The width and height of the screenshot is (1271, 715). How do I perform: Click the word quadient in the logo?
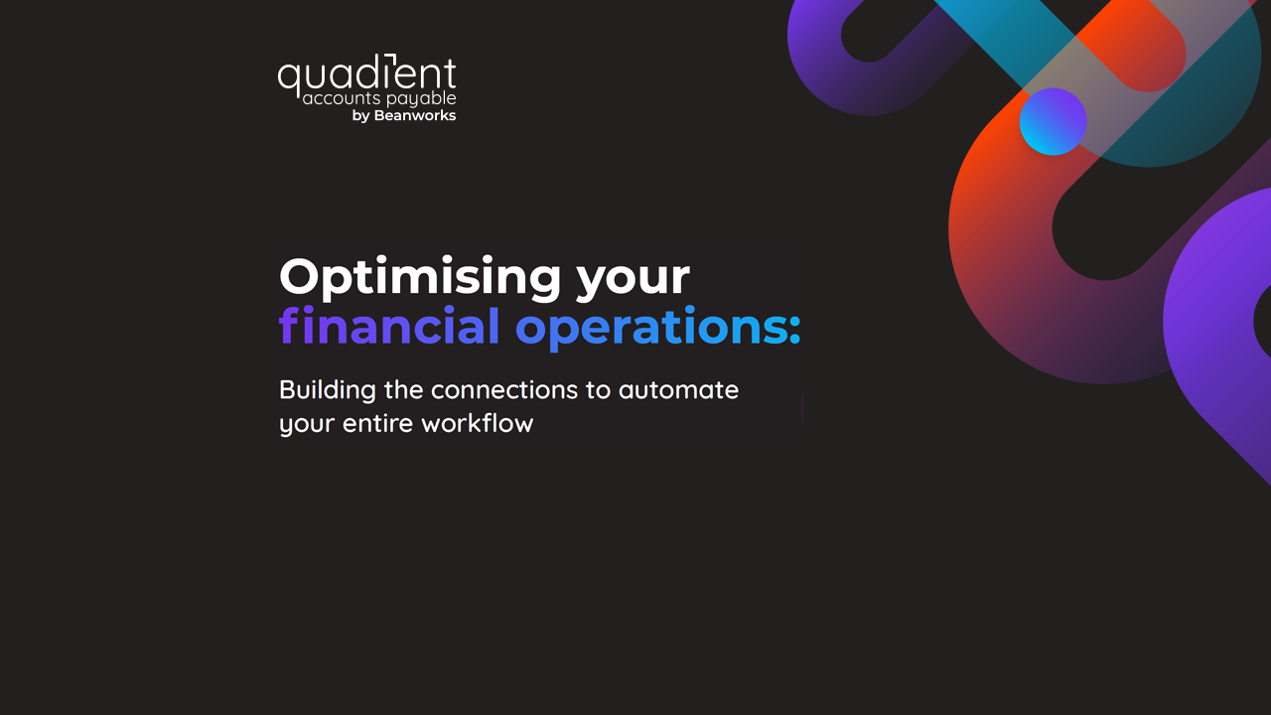366,75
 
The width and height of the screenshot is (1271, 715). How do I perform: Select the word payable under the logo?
422,99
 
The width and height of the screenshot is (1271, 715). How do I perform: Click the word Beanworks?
415,115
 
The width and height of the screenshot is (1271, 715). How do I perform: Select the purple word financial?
389,326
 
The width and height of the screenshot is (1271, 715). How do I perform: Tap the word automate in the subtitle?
678,390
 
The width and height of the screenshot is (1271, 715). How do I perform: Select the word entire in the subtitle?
378,424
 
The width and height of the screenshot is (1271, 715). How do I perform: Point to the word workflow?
478,423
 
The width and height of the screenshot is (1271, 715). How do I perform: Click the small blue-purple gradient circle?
1053,121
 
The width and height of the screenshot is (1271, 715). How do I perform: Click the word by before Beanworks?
360,116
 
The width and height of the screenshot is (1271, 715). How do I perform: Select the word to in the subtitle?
598,390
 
